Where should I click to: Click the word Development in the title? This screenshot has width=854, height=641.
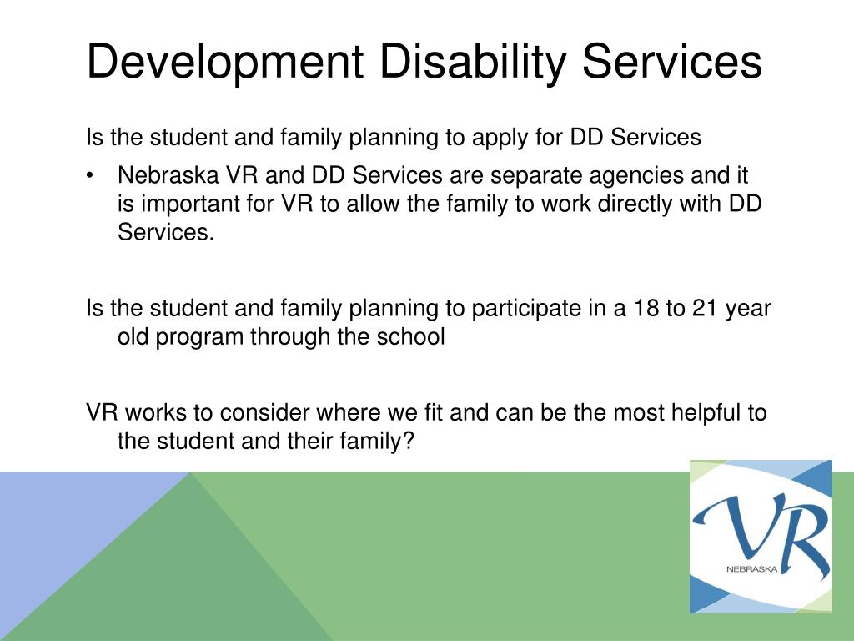pos(226,63)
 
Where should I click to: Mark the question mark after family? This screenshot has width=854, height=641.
pos(407,441)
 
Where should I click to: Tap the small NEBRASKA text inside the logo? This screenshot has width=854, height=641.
pos(750,569)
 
